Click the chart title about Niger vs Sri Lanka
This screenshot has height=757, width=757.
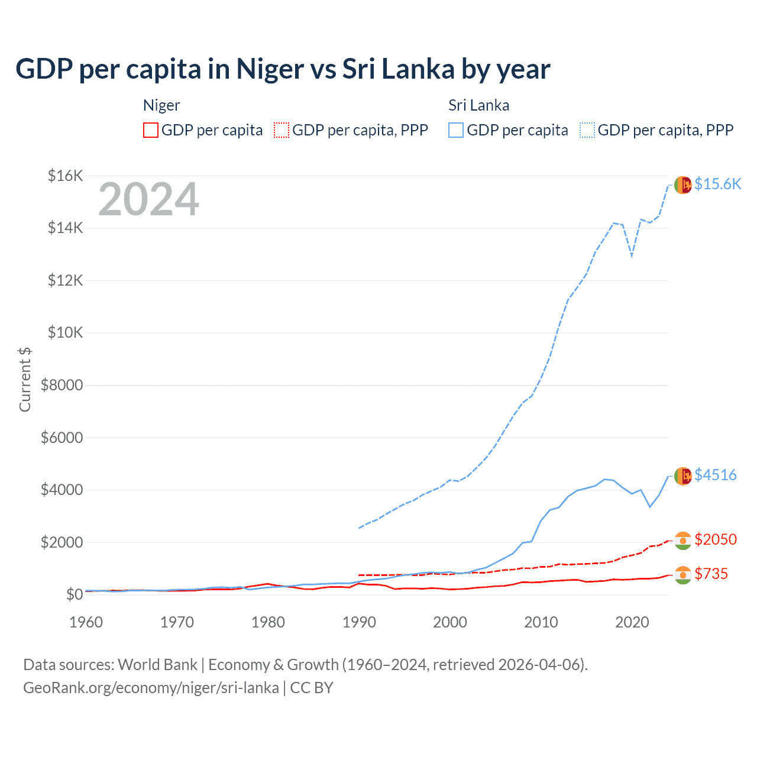(x=283, y=69)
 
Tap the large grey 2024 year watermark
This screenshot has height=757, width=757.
(x=148, y=199)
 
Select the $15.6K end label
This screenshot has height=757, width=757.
(x=717, y=184)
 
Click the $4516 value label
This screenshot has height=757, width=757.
(x=715, y=475)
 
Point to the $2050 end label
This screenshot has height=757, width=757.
(x=715, y=539)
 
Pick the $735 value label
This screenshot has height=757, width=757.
(x=711, y=574)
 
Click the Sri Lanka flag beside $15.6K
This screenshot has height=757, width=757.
(x=682, y=185)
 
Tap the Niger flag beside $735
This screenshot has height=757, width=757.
(x=682, y=575)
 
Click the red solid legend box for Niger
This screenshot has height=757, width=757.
(x=151, y=130)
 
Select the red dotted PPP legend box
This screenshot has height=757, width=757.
(x=282, y=130)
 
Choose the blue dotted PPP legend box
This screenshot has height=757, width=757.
(x=587, y=130)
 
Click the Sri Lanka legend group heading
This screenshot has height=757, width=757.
(x=478, y=105)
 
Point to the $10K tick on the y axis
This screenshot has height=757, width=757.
(x=65, y=332)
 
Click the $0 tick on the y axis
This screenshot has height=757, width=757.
(x=74, y=594)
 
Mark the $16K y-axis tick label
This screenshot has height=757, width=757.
(x=65, y=176)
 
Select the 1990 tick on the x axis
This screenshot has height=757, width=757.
(x=359, y=622)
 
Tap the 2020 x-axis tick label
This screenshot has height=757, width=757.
(x=632, y=622)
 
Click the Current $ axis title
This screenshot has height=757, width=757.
(x=25, y=379)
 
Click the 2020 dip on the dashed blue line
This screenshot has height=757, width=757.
(x=632, y=256)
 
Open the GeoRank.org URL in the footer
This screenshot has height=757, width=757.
(x=151, y=688)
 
